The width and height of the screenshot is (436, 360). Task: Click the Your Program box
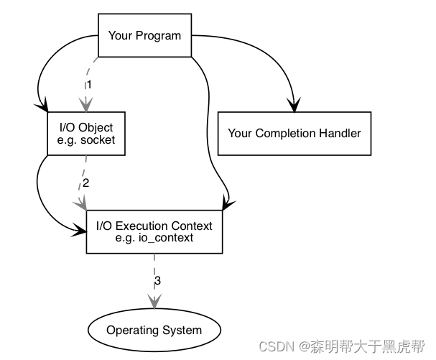click(x=144, y=35)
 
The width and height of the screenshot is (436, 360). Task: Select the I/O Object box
click(x=85, y=134)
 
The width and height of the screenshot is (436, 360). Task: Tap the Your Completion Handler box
click(x=294, y=134)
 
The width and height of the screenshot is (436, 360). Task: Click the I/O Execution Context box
click(x=154, y=231)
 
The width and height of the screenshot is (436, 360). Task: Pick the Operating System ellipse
click(x=154, y=331)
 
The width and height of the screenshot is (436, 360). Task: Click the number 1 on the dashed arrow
click(x=89, y=85)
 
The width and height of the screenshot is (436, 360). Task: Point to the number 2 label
click(x=85, y=183)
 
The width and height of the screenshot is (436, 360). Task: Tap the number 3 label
click(x=157, y=280)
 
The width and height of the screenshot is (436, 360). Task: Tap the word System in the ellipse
click(x=182, y=331)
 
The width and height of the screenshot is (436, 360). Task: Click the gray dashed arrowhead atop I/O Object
click(x=85, y=106)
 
